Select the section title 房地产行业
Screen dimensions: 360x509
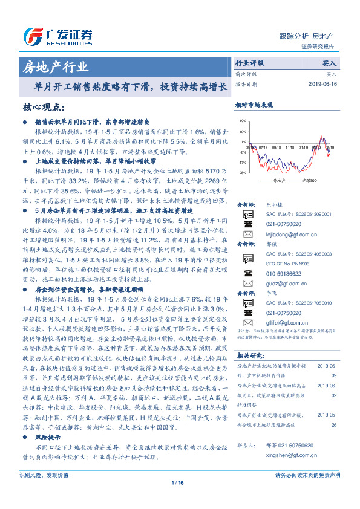point(55,66)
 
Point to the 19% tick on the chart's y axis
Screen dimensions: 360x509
point(243,121)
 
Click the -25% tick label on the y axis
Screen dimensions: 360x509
point(242,173)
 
